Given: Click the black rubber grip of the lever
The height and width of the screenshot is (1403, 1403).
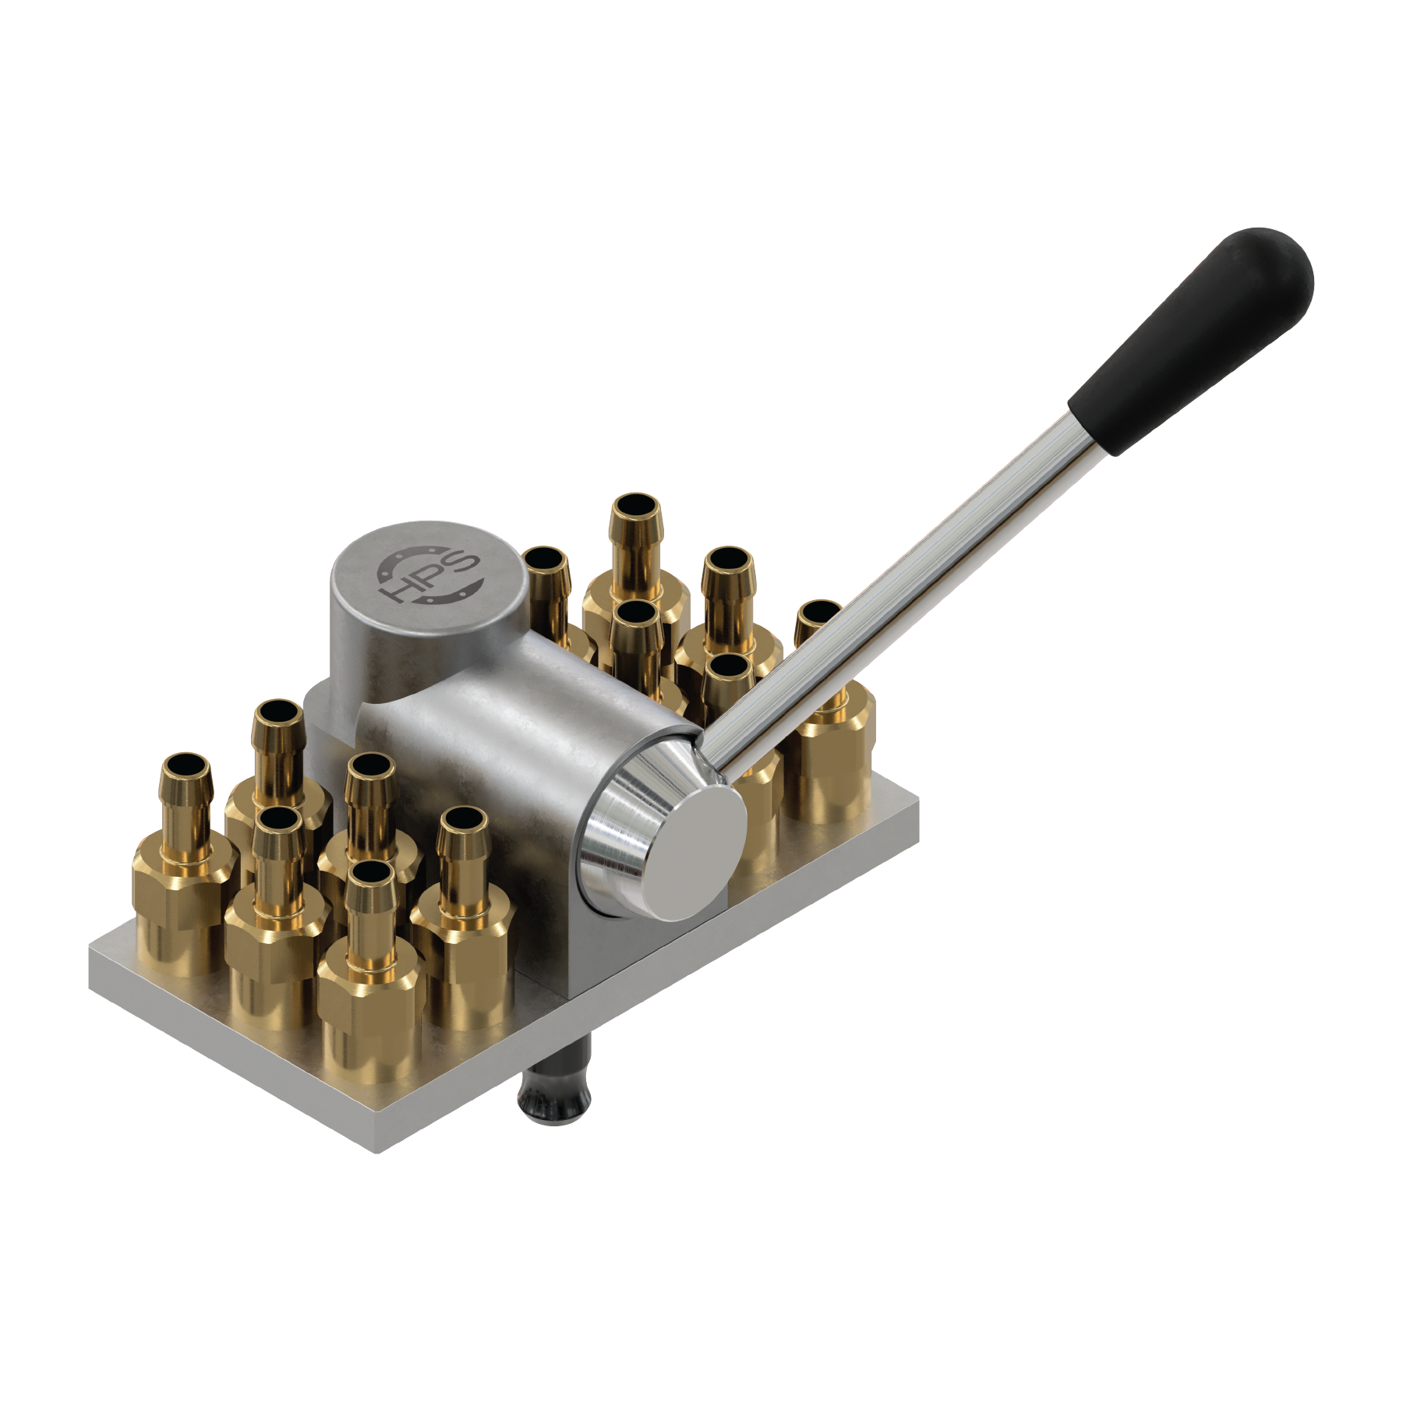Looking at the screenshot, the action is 1193,339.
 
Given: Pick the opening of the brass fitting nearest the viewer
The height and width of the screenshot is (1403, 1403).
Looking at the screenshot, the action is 370,872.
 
